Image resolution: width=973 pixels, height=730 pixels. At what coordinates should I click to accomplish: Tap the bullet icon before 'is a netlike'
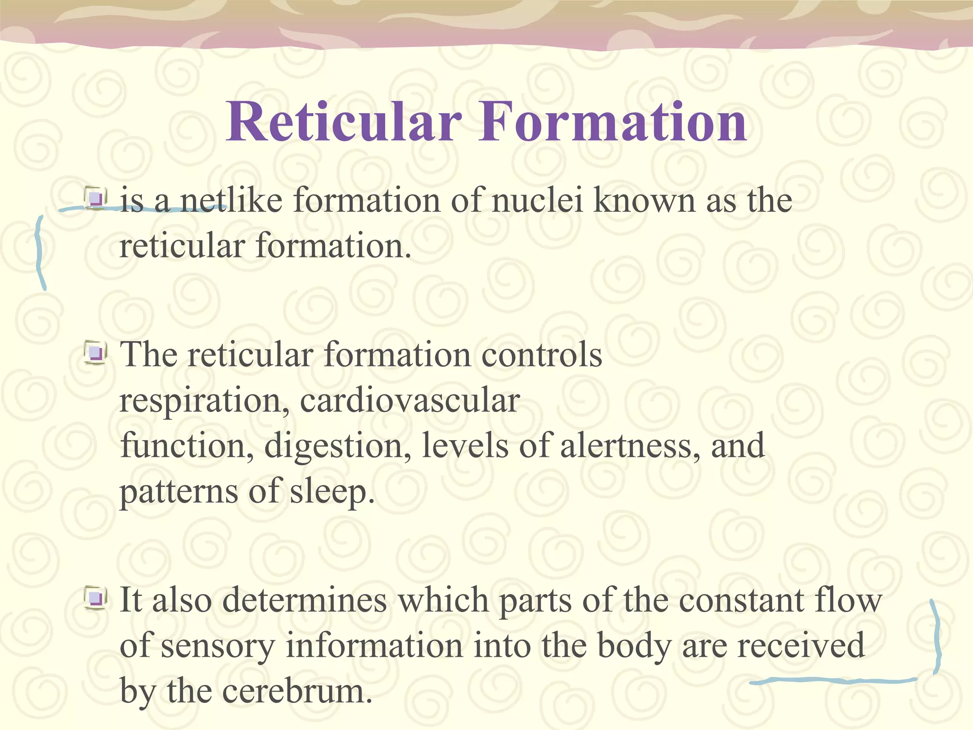point(95,199)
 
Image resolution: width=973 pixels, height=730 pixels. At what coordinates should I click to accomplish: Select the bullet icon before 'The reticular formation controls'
point(95,354)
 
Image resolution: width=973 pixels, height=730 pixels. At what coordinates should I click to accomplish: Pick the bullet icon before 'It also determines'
point(95,598)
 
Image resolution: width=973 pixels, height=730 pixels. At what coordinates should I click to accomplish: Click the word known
point(644,200)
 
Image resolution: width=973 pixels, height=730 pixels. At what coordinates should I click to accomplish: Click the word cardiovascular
point(410,400)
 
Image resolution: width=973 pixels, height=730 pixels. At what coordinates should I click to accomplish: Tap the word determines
point(305,600)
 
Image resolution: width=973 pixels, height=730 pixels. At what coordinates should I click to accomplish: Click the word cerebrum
point(296,691)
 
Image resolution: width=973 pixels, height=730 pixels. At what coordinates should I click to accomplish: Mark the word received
point(801,645)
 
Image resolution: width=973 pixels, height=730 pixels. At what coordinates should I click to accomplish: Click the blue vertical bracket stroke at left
point(40,252)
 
